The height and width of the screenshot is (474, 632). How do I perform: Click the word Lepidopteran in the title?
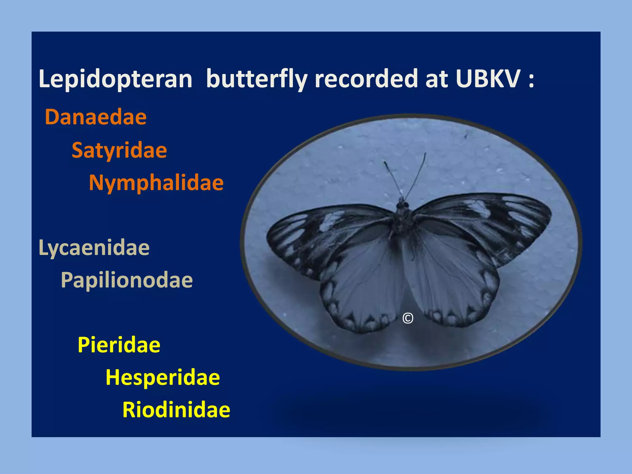click(x=115, y=79)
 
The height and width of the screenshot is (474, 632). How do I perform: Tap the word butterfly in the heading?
click(x=256, y=79)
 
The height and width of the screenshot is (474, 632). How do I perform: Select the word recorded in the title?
click(x=366, y=79)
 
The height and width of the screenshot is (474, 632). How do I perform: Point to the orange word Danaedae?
click(x=96, y=117)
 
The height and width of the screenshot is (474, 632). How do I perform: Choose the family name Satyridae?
click(x=119, y=151)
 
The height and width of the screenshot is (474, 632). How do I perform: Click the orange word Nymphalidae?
click(x=156, y=183)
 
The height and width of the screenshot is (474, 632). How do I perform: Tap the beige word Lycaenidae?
click(x=94, y=248)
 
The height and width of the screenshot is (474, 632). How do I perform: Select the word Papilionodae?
click(x=127, y=280)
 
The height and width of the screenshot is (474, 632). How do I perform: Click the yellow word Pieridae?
click(x=119, y=345)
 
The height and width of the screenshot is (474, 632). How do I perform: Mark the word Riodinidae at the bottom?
click(x=176, y=410)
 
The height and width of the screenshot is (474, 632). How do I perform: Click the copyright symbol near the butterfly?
click(x=408, y=318)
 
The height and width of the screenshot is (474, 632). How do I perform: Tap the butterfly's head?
click(x=402, y=204)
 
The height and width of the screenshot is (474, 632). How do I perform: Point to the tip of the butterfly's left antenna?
click(x=385, y=162)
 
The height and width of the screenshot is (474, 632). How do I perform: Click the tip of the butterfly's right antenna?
click(x=425, y=153)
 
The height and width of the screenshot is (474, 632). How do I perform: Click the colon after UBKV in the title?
click(x=531, y=79)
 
